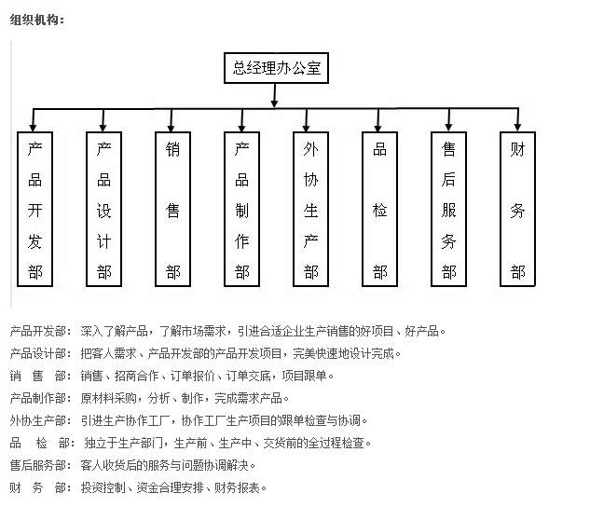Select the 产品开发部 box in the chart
point(35,209)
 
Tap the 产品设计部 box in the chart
point(104,209)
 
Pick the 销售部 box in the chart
point(173,209)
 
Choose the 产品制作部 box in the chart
point(242,209)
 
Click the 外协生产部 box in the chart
point(311,209)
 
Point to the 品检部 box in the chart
point(380,209)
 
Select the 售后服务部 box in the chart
point(449,209)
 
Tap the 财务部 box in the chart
point(518,209)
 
